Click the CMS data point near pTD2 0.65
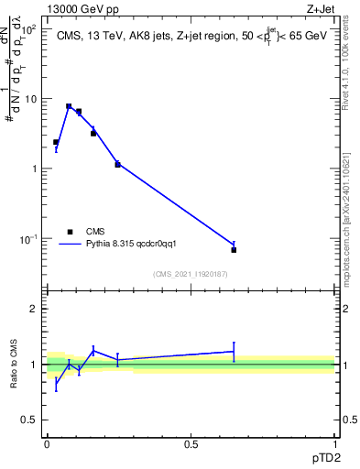pyautogui.click(x=234, y=249)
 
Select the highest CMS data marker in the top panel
pyautogui.click(x=69, y=106)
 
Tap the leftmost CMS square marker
pyautogui.click(x=56, y=142)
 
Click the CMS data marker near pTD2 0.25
pyautogui.click(x=117, y=164)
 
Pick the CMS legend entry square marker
pyautogui.click(x=70, y=232)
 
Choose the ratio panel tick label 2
pyautogui.click(x=36, y=309)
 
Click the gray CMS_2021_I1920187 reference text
pyautogui.click(x=191, y=274)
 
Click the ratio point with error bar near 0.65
pyautogui.click(x=234, y=351)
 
